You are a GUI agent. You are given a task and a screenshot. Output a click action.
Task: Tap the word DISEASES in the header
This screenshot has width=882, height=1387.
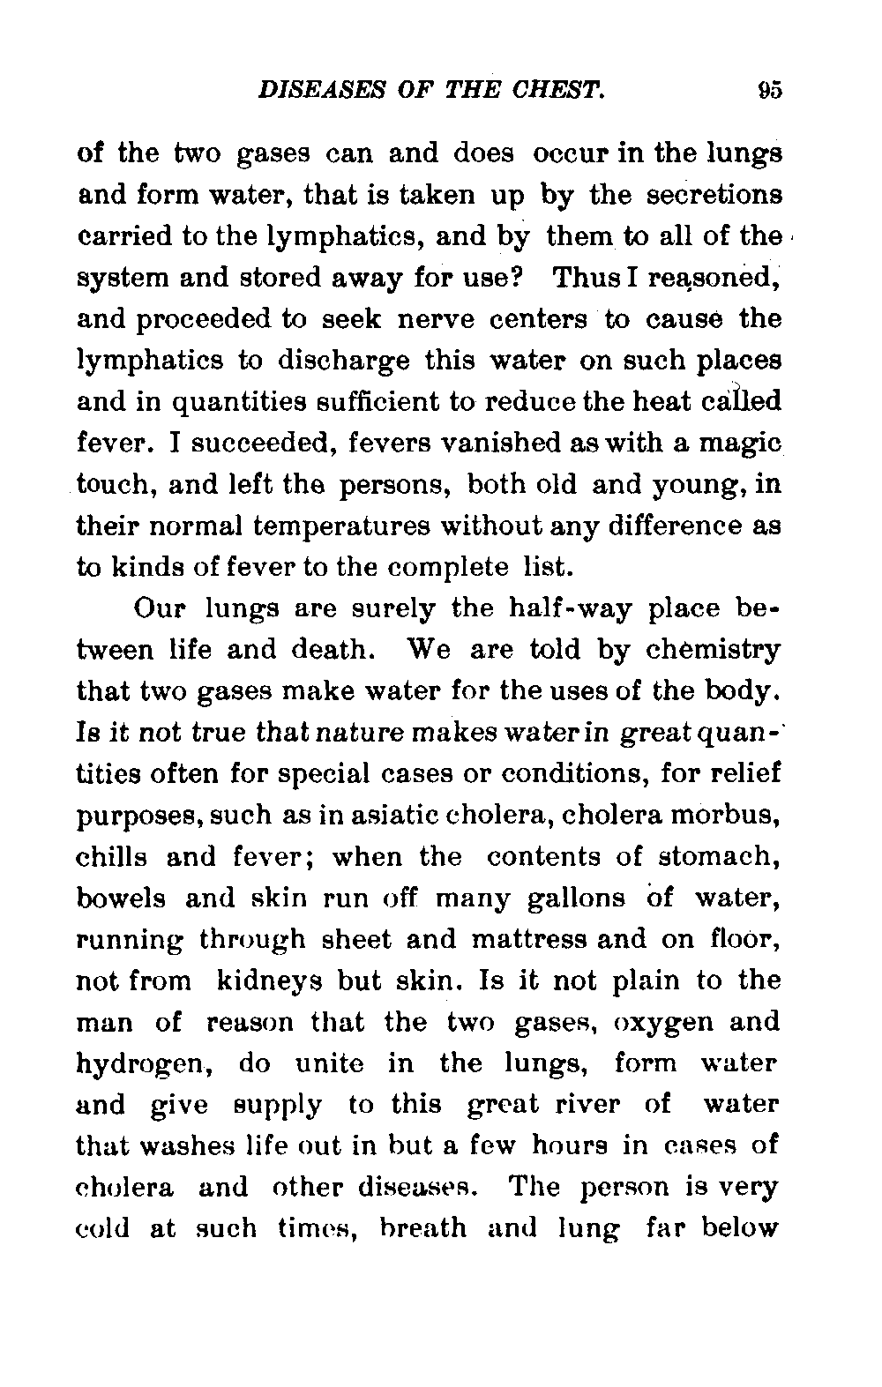point(297,91)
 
